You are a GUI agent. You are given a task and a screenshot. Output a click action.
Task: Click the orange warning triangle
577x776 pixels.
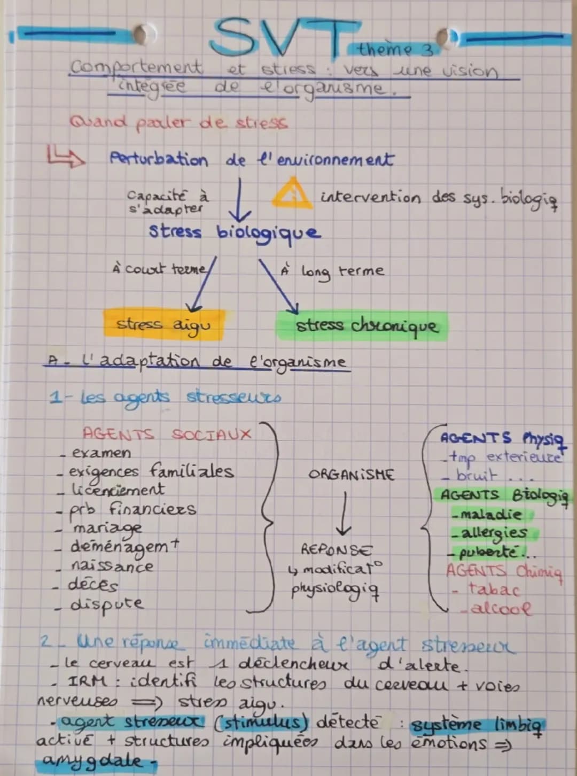click(x=291, y=195)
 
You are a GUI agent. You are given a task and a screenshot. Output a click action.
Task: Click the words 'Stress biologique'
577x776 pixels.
click(x=235, y=232)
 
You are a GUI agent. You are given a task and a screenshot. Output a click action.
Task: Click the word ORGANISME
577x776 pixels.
click(x=351, y=475)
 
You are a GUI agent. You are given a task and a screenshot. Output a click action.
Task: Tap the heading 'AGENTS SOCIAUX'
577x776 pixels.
click(x=167, y=433)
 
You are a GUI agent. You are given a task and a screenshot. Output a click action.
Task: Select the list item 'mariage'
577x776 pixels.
click(x=107, y=528)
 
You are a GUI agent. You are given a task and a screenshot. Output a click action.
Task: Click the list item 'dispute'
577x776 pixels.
click(x=107, y=604)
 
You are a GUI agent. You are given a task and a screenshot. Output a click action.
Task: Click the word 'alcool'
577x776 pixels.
click(x=501, y=609)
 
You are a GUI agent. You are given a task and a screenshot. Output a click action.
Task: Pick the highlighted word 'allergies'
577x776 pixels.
click(x=494, y=533)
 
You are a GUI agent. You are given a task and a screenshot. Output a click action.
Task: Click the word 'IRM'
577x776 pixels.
click(x=87, y=682)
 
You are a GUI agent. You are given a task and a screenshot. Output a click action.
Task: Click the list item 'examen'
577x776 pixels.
click(x=101, y=453)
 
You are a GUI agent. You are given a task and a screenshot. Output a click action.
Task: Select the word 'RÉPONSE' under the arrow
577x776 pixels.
click(x=336, y=549)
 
